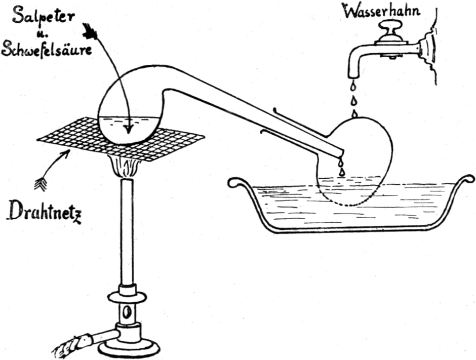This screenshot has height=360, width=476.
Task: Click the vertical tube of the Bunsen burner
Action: click(x=127, y=233)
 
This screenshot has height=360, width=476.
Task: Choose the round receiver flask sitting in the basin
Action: click(x=354, y=162)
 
